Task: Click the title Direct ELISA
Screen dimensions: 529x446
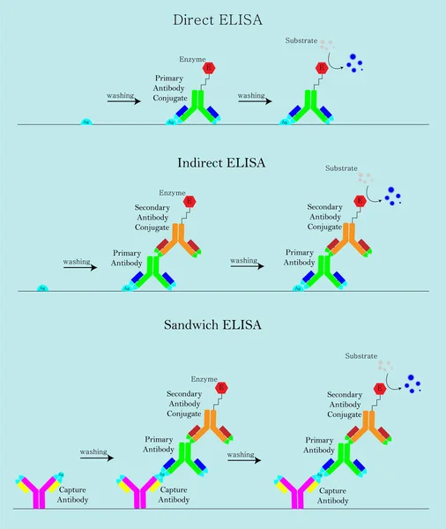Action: point(223,19)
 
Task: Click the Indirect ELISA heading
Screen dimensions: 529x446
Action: point(222,163)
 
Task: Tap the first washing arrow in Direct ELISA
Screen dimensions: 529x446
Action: point(123,101)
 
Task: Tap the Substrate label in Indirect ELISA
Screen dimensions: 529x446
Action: point(341,168)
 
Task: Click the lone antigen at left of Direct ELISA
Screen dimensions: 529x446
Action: point(86,121)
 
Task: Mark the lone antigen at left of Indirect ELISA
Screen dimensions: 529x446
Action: point(41,287)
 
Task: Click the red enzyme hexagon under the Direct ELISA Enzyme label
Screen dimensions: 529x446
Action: point(209,68)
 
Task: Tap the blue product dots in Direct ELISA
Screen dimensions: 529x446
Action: point(354,61)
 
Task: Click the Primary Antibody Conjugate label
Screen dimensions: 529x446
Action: point(167,88)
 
